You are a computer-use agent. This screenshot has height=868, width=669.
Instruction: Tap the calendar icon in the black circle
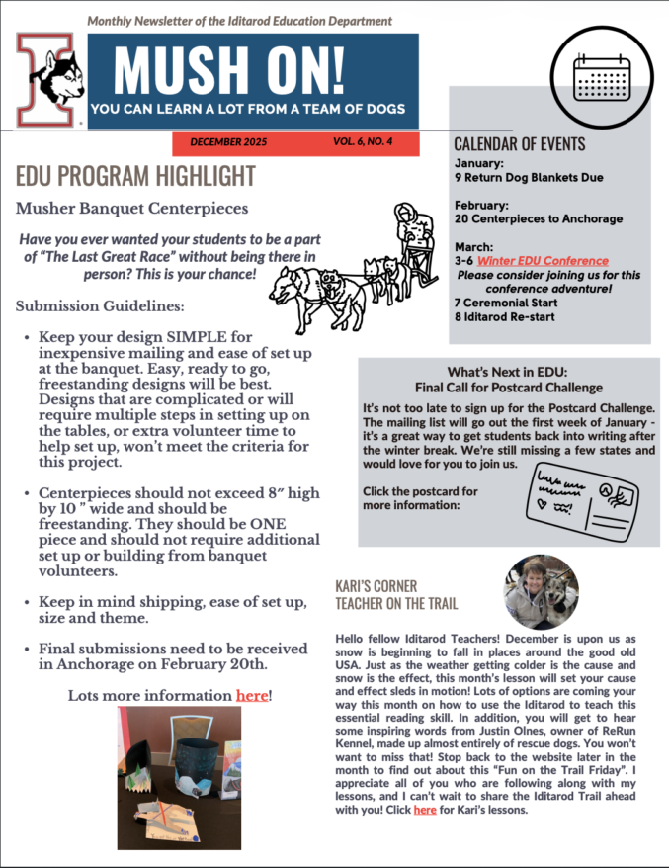[601, 75]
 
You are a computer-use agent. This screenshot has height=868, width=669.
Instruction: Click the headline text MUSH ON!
[229, 68]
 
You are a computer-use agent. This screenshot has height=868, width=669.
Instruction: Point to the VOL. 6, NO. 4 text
[363, 142]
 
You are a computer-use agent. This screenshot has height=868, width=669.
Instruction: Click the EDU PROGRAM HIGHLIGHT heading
[135, 176]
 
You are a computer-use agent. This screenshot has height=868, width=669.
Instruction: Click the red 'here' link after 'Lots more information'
[251, 695]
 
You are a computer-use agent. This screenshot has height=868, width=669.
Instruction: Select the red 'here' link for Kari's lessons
[425, 810]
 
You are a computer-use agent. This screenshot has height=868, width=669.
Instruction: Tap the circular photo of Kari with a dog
[541, 591]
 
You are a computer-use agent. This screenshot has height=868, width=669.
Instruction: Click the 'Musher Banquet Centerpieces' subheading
[131, 209]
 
